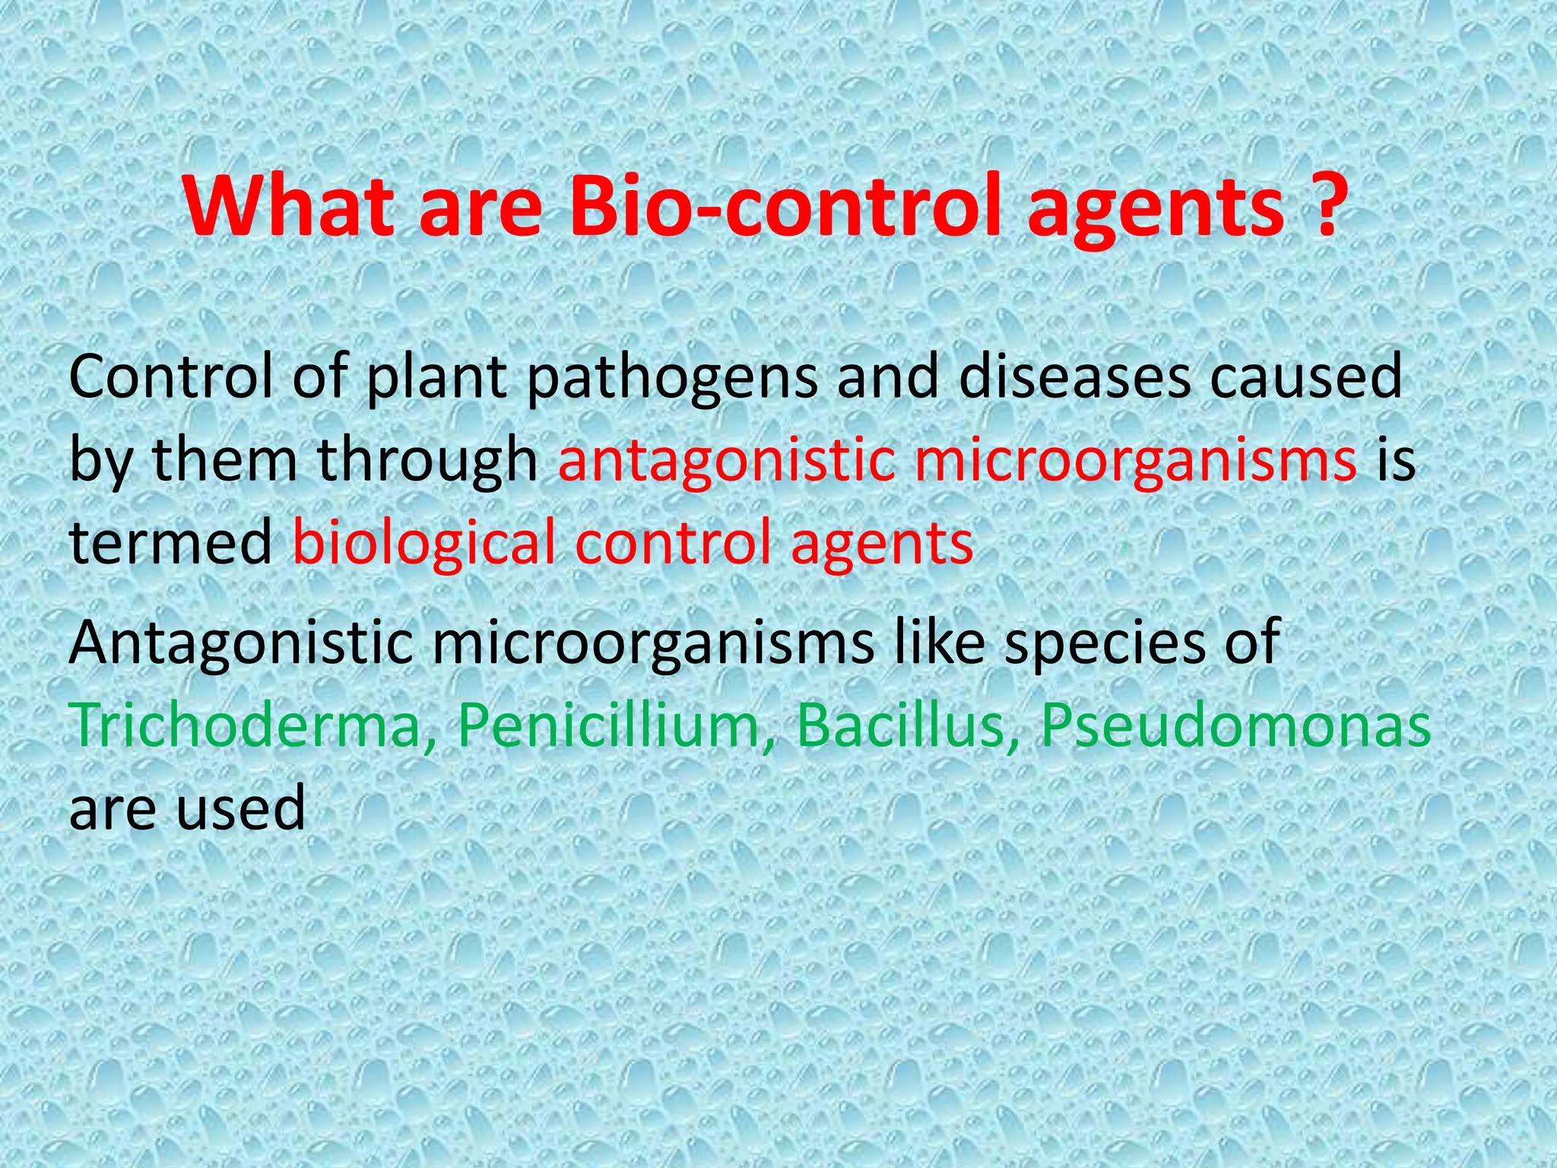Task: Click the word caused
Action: [x=1305, y=376]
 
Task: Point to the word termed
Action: [x=170, y=543]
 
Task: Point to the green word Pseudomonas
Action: [x=1235, y=725]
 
